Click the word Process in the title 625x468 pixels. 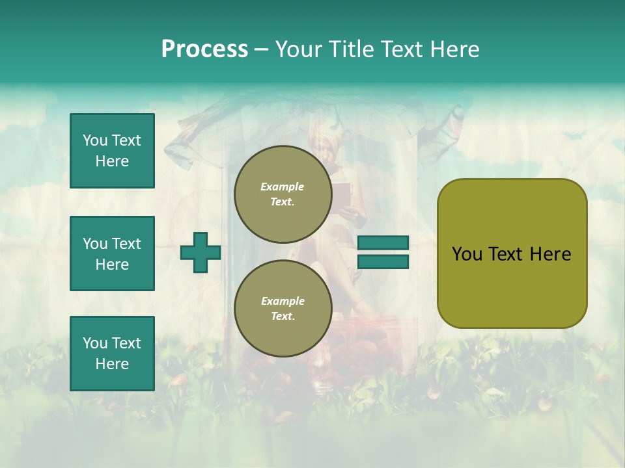(x=204, y=49)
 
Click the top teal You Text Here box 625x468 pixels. (x=112, y=151)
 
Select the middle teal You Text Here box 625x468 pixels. (x=112, y=253)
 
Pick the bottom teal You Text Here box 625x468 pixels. (x=112, y=354)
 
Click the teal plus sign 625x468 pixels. (x=201, y=252)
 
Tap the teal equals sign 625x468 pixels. (x=383, y=252)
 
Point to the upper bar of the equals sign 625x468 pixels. (x=383, y=243)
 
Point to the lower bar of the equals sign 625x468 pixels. (x=383, y=261)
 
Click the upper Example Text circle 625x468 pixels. (x=283, y=194)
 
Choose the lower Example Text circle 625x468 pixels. (x=283, y=309)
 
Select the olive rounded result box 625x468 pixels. (x=512, y=253)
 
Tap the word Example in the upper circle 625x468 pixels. (x=283, y=187)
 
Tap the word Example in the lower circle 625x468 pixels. (x=283, y=301)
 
